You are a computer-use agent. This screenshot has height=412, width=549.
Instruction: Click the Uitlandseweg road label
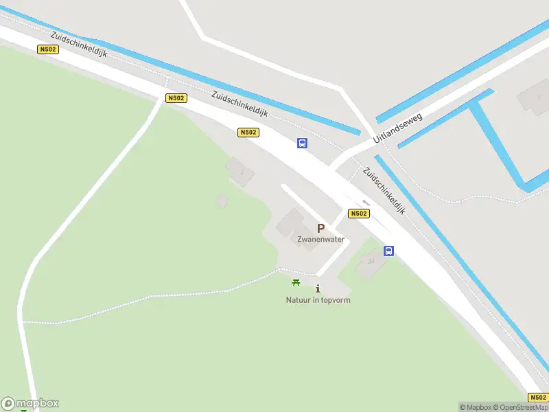pyautogui.click(x=398, y=128)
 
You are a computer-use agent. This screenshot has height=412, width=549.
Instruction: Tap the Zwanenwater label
pyautogui.click(x=320, y=240)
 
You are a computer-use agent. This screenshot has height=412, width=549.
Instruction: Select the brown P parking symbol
pyautogui.click(x=320, y=229)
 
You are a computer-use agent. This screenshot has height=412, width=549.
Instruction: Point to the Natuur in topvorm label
pyautogui.click(x=318, y=300)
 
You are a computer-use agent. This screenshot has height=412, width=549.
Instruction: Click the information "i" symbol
pyautogui.click(x=318, y=289)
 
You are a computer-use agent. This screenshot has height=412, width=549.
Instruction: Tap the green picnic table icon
pyautogui.click(x=296, y=282)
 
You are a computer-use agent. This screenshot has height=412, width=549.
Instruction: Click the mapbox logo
pyautogui.click(x=30, y=404)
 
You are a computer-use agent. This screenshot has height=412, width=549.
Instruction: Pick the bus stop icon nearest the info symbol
pyautogui.click(x=388, y=251)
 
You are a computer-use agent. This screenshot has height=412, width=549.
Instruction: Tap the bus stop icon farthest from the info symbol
pyautogui.click(x=302, y=143)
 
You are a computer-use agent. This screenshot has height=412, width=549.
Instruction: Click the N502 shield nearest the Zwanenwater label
pyautogui.click(x=358, y=214)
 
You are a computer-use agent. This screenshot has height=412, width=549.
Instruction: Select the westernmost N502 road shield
pyautogui.click(x=48, y=49)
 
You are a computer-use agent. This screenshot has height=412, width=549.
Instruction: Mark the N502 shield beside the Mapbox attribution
pyautogui.click(x=538, y=398)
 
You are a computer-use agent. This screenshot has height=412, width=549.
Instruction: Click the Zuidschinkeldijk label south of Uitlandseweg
pyautogui.click(x=384, y=192)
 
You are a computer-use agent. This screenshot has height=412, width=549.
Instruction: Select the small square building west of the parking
pyautogui.click(x=222, y=201)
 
